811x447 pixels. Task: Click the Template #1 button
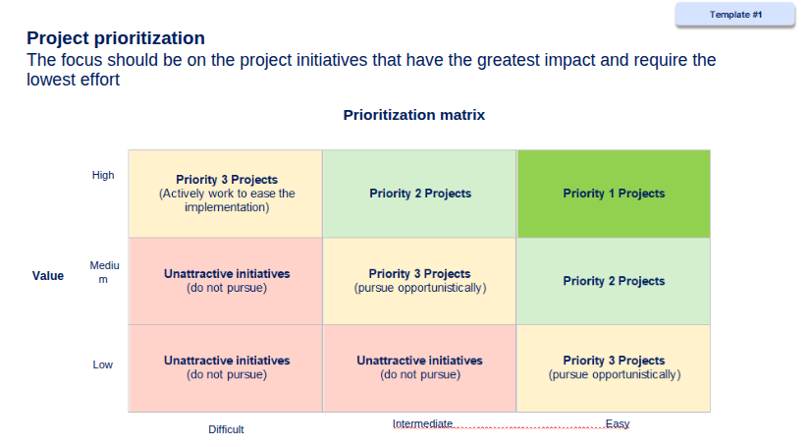(735, 15)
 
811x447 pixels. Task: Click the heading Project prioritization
(116, 37)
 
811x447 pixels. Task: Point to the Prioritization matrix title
(413, 115)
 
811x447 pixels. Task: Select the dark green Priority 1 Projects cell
(614, 194)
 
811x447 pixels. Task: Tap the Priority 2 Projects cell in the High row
(419, 194)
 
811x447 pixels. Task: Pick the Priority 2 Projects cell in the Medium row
(614, 281)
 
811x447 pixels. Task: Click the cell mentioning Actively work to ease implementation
(226, 194)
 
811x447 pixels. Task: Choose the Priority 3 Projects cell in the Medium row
(419, 281)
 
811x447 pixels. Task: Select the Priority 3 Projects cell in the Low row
(614, 367)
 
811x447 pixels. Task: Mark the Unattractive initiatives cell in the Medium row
(226, 281)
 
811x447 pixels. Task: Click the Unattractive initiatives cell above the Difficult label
(226, 367)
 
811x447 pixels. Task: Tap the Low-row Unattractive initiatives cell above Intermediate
(419, 367)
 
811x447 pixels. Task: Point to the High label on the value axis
(103, 176)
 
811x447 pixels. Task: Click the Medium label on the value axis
(104, 272)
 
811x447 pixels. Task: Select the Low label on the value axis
(102, 364)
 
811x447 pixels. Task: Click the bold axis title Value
(47, 276)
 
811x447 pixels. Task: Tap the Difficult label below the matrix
(226, 429)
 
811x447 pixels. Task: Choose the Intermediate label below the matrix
(422, 423)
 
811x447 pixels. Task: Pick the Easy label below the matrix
(618, 424)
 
